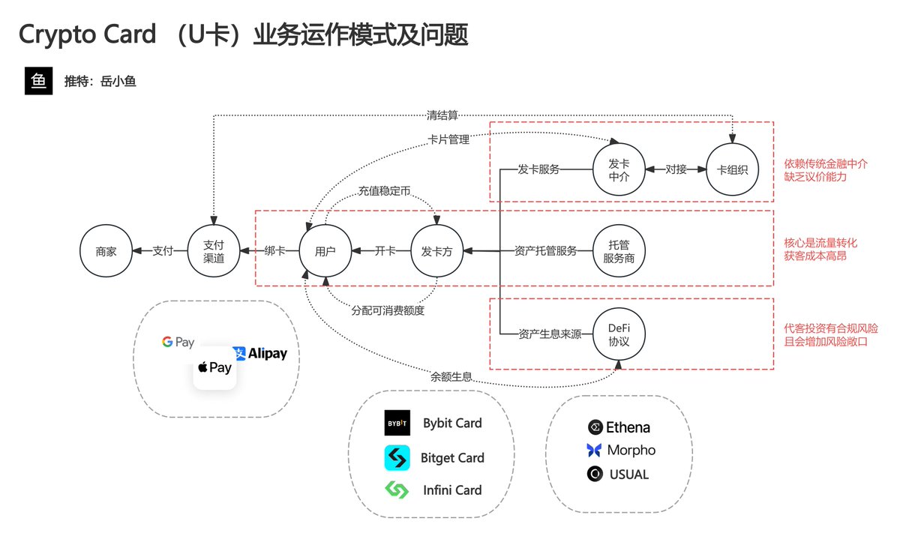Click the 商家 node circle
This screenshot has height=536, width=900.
pyautogui.click(x=106, y=251)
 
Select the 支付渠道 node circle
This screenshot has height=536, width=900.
pyautogui.click(x=214, y=251)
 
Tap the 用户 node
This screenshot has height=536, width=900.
pyautogui.click(x=325, y=251)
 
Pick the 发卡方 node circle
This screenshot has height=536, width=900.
pyautogui.click(x=437, y=251)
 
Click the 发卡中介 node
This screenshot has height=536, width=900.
pyautogui.click(x=619, y=169)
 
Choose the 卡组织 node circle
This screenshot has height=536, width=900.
pyautogui.click(x=733, y=169)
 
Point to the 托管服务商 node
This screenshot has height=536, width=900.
pyautogui.click(x=619, y=251)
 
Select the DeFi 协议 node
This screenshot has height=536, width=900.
pyautogui.click(x=619, y=334)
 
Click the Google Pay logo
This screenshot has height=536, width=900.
pyautogui.click(x=178, y=343)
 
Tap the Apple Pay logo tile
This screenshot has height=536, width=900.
pyautogui.click(x=214, y=367)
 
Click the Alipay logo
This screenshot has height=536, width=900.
pyautogui.click(x=260, y=353)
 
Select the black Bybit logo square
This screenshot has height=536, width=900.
pyautogui.click(x=397, y=424)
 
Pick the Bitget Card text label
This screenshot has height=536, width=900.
pyautogui.click(x=452, y=457)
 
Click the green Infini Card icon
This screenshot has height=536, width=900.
pyautogui.click(x=397, y=490)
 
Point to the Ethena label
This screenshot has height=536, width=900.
pyautogui.click(x=628, y=427)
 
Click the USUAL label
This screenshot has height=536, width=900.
pyautogui.click(x=629, y=475)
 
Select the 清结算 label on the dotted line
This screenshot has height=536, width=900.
pyautogui.click(x=442, y=115)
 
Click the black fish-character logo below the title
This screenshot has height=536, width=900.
pyautogui.click(x=39, y=82)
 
